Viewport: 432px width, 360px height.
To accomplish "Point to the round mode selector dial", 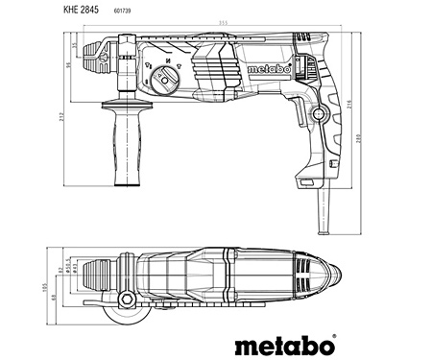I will pos(164,80).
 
